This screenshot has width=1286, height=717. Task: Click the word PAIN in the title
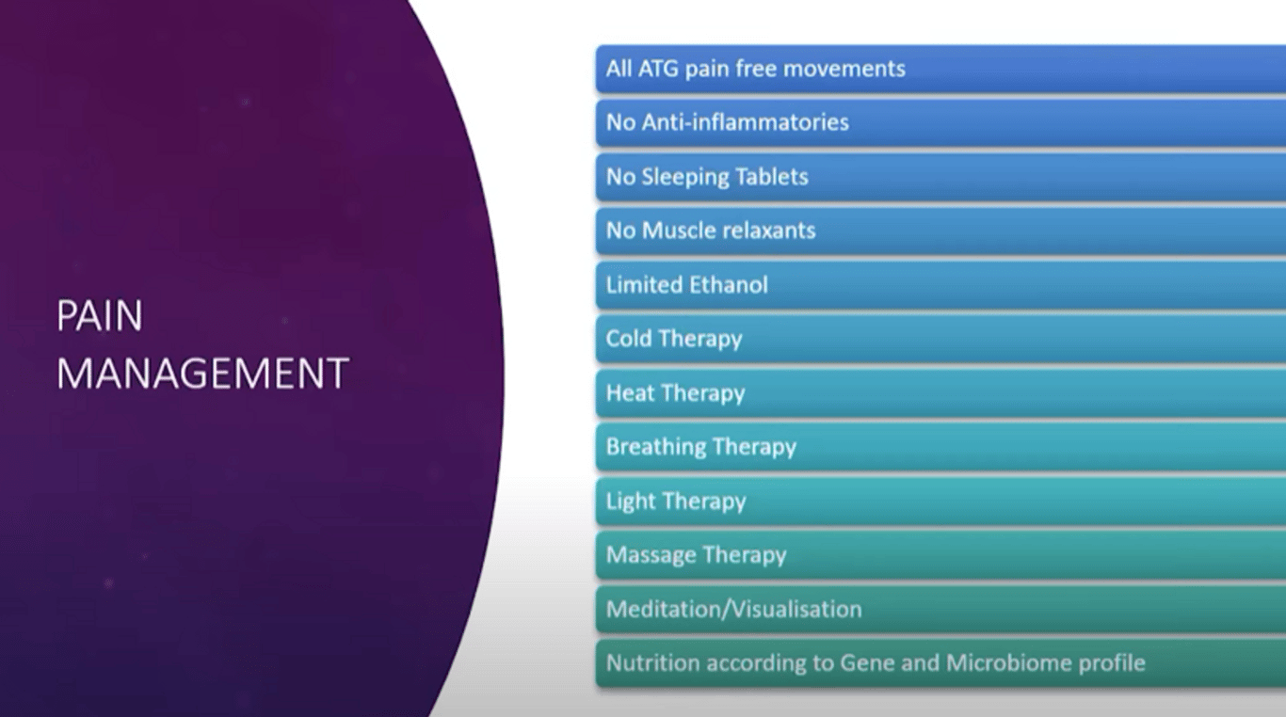click(99, 315)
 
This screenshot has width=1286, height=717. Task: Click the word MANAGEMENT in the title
click(202, 374)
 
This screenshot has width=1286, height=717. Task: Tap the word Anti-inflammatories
click(745, 122)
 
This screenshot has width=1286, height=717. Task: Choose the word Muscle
click(678, 231)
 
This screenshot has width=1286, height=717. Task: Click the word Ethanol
click(728, 284)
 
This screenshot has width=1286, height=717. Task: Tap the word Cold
click(628, 339)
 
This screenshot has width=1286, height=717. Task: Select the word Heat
click(631, 393)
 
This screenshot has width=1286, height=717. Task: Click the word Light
click(631, 502)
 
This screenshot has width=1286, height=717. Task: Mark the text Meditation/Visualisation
click(733, 609)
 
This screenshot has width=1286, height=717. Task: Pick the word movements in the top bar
click(844, 69)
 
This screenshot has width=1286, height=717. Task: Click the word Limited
click(644, 284)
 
